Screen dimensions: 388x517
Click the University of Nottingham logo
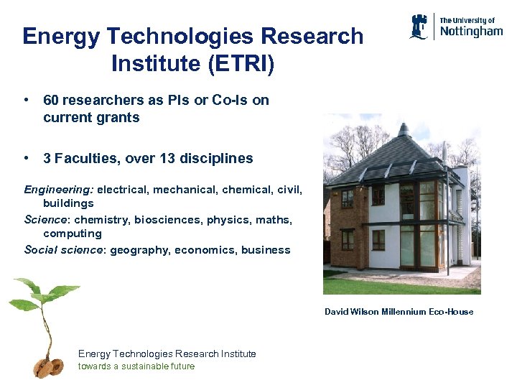[456, 27]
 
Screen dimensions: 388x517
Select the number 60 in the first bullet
[52, 101]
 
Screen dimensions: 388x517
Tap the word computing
[73, 234]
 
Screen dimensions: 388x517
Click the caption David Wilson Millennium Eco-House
[399, 311]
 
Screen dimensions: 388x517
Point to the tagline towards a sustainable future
[136, 366]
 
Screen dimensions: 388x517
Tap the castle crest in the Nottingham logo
[420, 27]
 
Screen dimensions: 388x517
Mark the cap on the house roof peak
[404, 130]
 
